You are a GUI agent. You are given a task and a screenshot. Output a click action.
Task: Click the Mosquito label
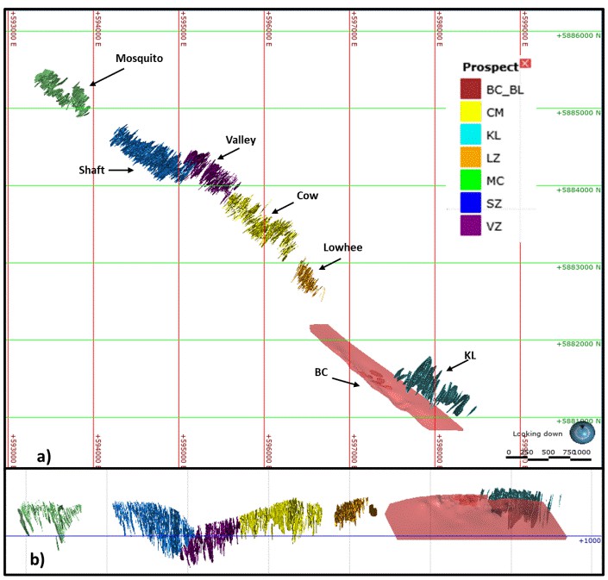140,59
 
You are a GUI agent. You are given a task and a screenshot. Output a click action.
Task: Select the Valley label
241,140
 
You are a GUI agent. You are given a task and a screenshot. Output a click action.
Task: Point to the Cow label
308,196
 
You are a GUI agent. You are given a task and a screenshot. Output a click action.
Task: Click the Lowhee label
342,247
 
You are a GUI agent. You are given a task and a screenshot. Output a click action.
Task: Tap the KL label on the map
471,354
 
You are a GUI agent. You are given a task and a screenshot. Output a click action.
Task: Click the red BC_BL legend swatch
470,89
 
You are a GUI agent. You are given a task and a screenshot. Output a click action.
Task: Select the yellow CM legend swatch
470,112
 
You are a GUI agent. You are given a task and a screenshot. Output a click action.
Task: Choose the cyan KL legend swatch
470,135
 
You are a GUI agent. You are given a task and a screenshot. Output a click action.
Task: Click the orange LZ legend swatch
470,158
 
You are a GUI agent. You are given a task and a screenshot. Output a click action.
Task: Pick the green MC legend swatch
470,181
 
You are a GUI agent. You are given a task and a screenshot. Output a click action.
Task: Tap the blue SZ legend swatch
470,204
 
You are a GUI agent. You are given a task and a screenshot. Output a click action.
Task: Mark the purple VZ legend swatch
470,227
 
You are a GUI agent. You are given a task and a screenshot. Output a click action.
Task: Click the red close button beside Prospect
526,64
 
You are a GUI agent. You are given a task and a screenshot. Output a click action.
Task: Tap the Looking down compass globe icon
586,431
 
